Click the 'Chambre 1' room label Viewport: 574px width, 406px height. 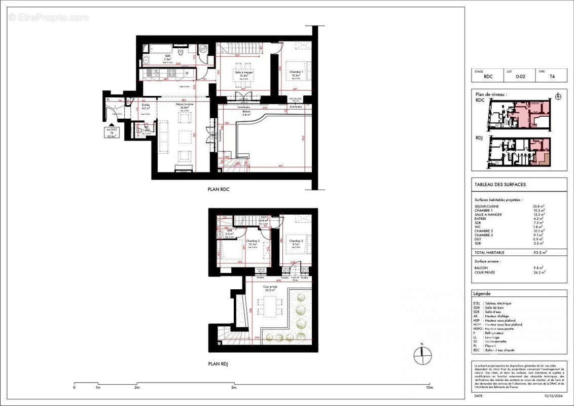pos(296,72)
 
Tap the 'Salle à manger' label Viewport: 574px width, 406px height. pos(243,73)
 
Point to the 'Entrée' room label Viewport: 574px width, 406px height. pos(146,105)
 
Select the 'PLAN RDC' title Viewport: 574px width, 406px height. pos(219,189)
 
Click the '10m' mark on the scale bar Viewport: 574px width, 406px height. pos(429,388)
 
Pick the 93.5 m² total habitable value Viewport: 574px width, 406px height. pos(538,252)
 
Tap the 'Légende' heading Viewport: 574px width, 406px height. pos(482,294)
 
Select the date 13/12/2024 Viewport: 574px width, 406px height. pos(553,396)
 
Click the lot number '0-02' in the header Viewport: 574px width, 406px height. pos(520,77)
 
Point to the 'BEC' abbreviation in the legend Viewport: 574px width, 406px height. pos(476,350)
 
